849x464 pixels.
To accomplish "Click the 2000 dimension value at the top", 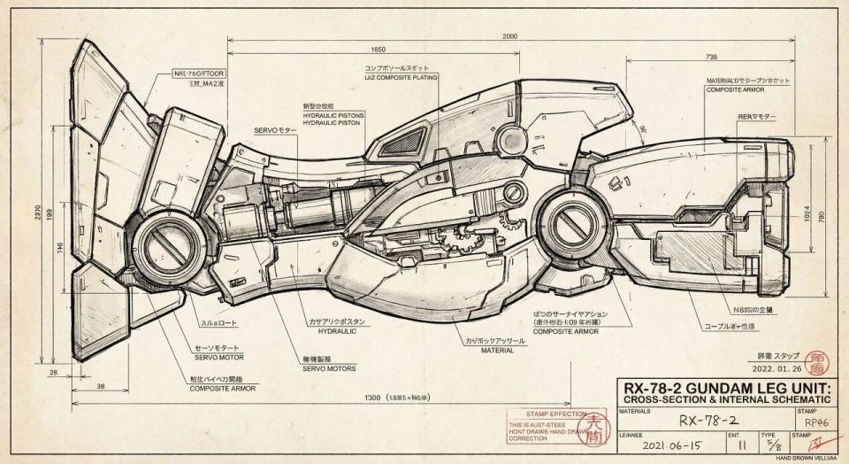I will pos(509,36).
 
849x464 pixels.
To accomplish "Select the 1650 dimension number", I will pos(379,50).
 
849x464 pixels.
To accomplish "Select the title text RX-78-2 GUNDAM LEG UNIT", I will pos(727,389).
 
